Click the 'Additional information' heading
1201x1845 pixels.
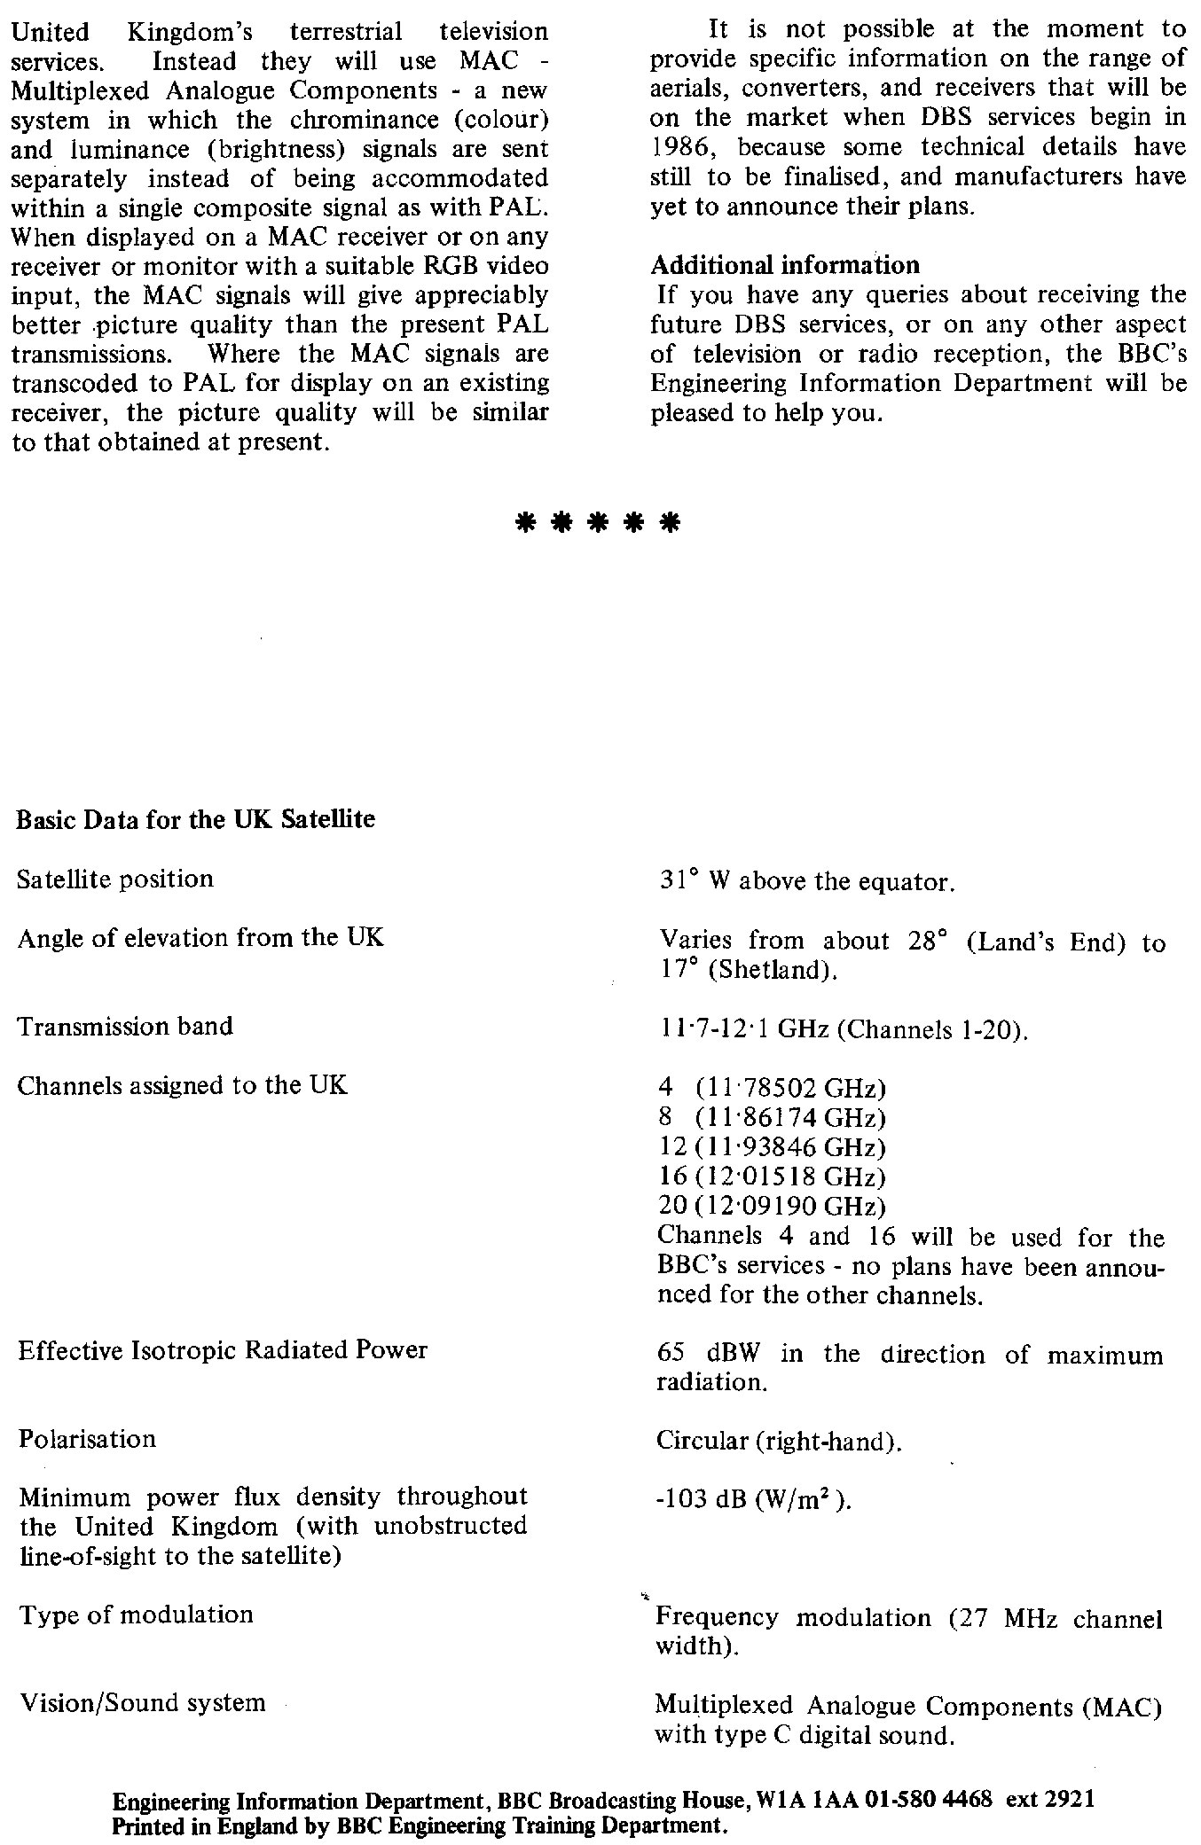[x=785, y=265]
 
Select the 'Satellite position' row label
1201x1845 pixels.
[x=115, y=880]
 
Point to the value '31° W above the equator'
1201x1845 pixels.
[x=805, y=882]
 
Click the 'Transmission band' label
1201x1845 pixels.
[x=125, y=1027]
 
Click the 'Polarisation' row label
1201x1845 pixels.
[x=87, y=1438]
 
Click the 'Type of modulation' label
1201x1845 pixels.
[x=136, y=1614]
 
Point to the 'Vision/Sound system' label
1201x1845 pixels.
[x=142, y=1702]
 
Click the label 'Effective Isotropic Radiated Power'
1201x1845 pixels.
[x=223, y=1350]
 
